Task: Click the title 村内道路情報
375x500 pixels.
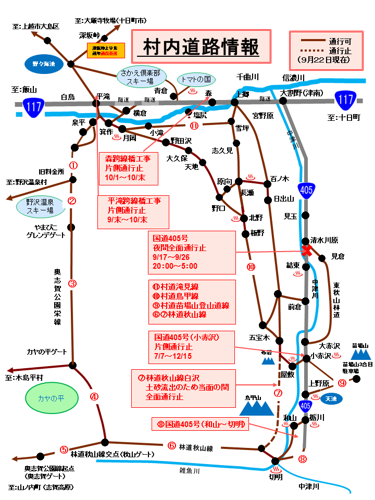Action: [201, 47]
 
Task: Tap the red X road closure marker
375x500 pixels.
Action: [307, 251]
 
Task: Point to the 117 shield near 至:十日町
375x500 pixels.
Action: [345, 97]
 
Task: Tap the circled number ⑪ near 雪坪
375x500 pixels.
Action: [194, 126]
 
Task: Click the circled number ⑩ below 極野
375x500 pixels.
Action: [251, 267]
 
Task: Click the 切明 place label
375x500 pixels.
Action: [276, 476]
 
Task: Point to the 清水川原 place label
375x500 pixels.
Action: [324, 241]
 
